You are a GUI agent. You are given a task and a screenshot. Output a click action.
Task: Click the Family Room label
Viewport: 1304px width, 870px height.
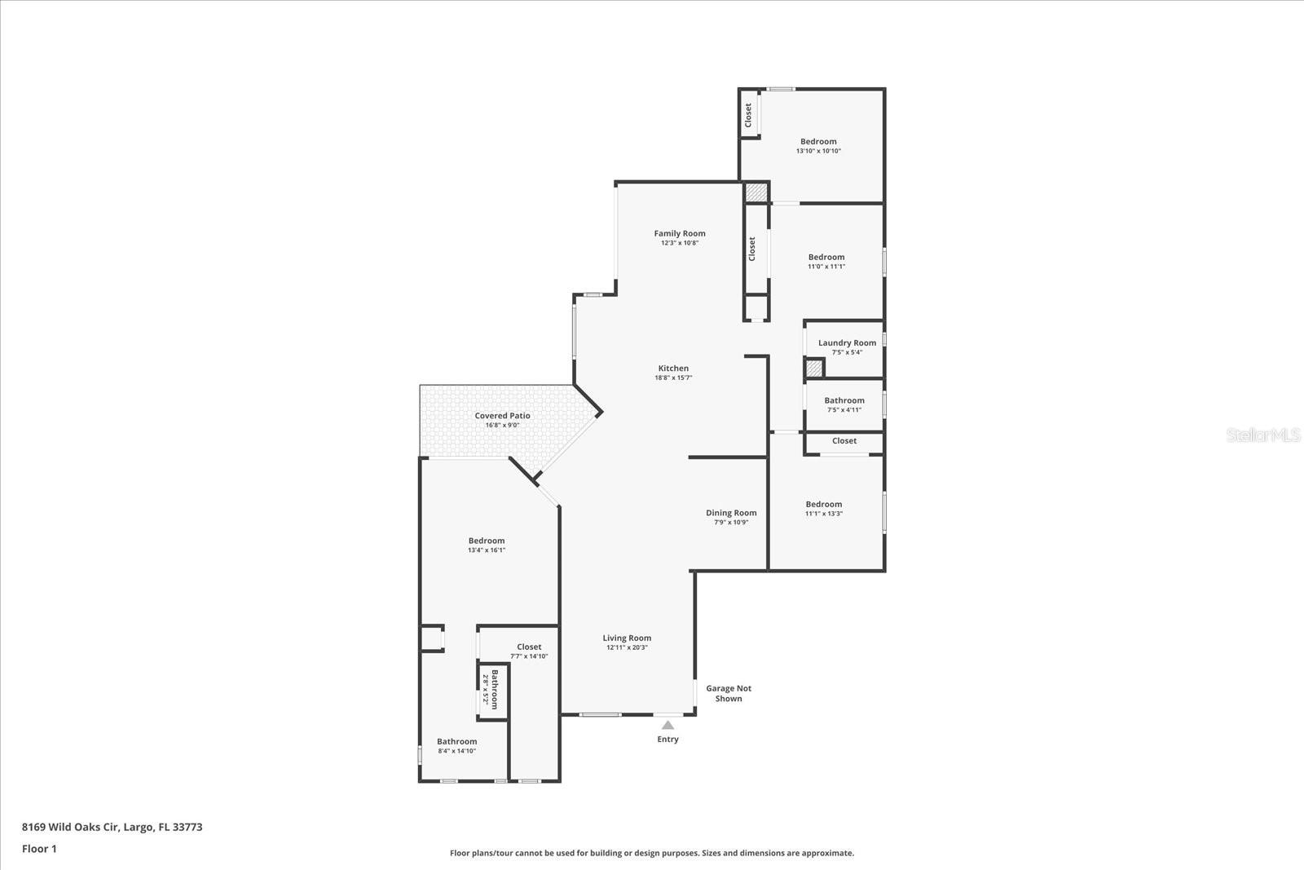click(x=680, y=233)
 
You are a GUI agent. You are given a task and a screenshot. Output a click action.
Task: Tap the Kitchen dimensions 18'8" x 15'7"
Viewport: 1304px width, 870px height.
click(x=673, y=378)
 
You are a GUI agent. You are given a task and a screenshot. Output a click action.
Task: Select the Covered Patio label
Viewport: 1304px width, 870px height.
click(x=502, y=416)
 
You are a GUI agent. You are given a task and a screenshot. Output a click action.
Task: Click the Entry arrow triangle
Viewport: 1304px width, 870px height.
click(x=667, y=725)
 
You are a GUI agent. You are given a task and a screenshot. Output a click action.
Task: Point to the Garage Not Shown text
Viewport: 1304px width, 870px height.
click(x=729, y=693)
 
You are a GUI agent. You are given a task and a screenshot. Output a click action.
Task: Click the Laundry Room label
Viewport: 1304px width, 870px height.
click(x=847, y=343)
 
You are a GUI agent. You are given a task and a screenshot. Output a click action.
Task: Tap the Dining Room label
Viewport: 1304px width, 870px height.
click(x=731, y=513)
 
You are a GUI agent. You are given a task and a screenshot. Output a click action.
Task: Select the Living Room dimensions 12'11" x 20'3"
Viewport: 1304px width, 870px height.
click(x=627, y=648)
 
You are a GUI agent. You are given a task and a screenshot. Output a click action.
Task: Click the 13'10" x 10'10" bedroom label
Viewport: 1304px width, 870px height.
click(x=818, y=142)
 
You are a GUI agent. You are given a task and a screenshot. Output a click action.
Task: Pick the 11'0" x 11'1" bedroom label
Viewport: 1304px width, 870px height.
click(x=826, y=258)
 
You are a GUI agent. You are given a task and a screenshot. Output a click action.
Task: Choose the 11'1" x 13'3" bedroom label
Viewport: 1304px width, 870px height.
click(x=824, y=505)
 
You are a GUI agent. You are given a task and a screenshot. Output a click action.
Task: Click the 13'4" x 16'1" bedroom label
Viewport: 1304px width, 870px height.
click(x=487, y=541)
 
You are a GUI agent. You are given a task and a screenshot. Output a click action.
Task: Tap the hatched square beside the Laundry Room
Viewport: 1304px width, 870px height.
click(x=813, y=369)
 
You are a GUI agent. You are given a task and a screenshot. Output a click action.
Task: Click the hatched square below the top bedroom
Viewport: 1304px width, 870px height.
click(x=756, y=193)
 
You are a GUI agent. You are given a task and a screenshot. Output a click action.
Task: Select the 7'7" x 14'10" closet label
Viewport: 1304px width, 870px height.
click(x=529, y=647)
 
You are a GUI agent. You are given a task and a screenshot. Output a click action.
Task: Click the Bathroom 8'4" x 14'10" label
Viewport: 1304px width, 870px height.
click(x=456, y=742)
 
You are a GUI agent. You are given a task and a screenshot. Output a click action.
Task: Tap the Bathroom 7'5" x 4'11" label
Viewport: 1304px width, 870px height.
click(x=844, y=401)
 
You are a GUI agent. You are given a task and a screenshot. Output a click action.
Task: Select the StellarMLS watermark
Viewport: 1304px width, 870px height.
click(x=1262, y=435)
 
